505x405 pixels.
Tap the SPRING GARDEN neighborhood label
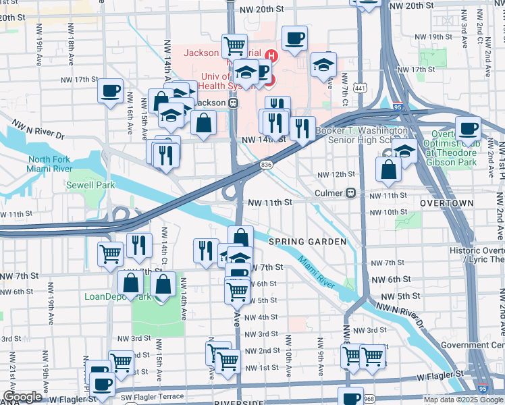click(x=307, y=242)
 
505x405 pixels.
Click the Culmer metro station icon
click(x=351, y=193)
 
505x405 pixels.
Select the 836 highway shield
click(x=266, y=164)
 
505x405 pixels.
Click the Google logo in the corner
click(x=22, y=397)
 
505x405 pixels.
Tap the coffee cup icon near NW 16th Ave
click(x=110, y=90)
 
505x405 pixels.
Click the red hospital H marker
click(x=271, y=56)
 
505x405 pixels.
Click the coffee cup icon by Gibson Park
click(x=468, y=128)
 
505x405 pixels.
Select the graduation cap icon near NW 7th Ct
click(x=324, y=65)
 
